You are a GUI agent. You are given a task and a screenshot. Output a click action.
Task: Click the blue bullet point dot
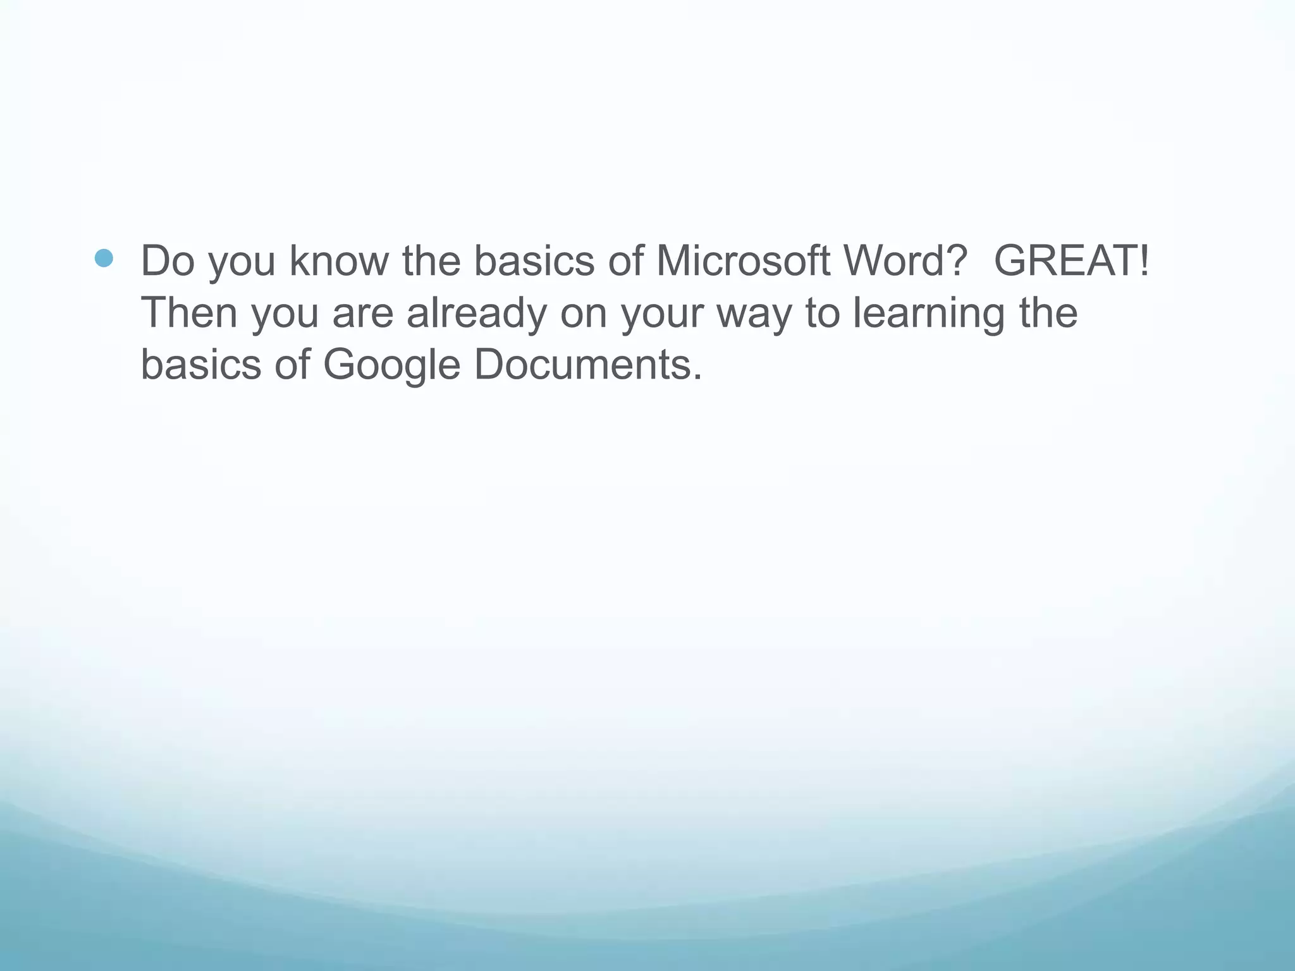click(104, 258)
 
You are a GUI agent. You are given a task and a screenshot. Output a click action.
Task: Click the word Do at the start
click(167, 260)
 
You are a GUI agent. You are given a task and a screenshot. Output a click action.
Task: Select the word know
click(338, 260)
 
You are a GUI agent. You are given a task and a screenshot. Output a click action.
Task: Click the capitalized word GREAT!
click(1071, 260)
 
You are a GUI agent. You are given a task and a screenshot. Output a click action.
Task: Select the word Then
click(189, 313)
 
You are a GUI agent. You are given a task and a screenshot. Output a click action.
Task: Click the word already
click(476, 314)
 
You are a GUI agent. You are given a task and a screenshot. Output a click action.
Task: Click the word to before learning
click(822, 313)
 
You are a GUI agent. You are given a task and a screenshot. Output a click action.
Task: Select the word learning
click(928, 314)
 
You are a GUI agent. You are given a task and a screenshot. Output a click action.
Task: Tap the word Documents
click(588, 365)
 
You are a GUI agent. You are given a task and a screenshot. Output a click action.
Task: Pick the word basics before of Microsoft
click(534, 260)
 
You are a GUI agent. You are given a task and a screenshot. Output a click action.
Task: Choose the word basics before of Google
click(200, 365)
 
